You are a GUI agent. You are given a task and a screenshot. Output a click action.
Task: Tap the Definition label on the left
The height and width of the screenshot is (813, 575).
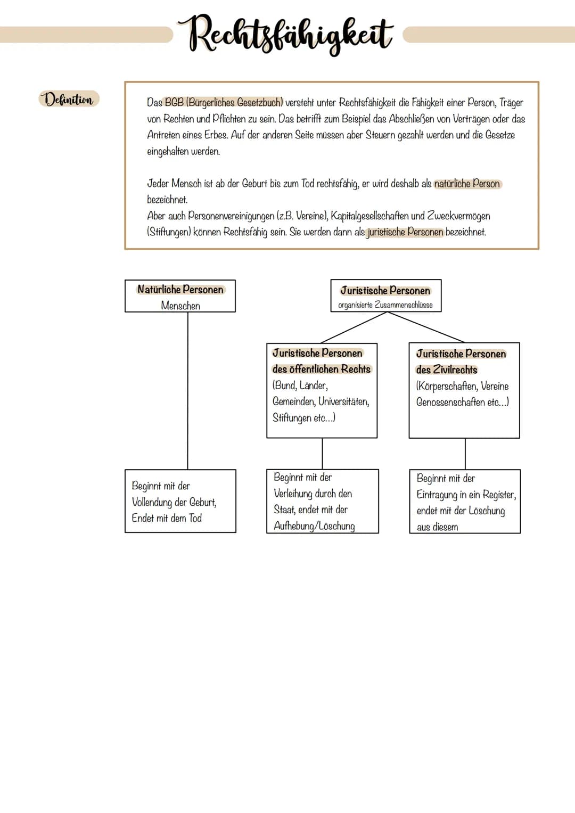[x=69, y=100]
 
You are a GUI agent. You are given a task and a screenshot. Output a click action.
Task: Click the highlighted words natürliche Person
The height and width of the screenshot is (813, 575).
[x=467, y=184]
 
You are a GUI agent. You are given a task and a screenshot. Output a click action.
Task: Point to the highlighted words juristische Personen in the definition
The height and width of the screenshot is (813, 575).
[x=405, y=232]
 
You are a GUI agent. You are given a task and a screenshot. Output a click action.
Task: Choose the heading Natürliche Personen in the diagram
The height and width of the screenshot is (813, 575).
[x=180, y=290]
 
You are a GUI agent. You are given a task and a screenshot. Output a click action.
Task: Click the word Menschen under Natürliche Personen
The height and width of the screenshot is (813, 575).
[x=180, y=306]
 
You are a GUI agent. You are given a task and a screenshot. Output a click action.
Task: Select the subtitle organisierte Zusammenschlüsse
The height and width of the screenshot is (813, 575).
[x=385, y=305]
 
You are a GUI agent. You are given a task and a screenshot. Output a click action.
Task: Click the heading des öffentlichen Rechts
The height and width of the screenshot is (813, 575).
[x=321, y=369]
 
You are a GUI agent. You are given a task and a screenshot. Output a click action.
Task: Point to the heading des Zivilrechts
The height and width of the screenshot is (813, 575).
[x=447, y=369]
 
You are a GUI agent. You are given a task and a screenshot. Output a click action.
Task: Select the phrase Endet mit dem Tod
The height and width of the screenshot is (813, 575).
[x=167, y=518]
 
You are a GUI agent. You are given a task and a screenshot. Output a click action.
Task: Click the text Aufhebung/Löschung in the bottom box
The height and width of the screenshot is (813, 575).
[x=314, y=526]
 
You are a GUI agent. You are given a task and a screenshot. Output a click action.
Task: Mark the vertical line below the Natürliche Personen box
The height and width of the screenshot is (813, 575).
[x=188, y=389]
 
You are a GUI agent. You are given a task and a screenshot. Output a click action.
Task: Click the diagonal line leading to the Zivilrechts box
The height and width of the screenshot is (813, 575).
[x=426, y=327]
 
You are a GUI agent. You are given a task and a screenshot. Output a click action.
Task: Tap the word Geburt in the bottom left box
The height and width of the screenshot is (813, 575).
[x=202, y=502]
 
